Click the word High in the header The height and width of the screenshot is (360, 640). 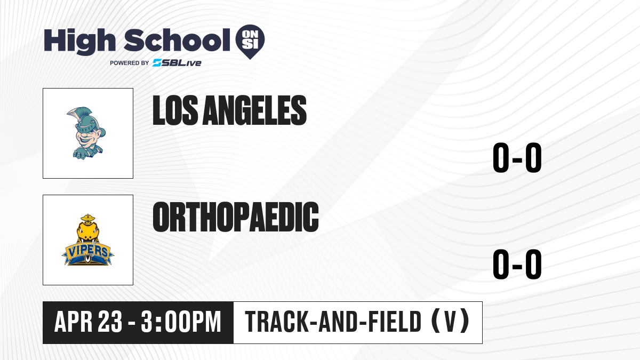[79, 41]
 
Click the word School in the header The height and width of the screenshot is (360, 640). [177, 40]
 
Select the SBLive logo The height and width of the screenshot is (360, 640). [177, 63]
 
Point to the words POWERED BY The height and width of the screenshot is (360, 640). [130, 63]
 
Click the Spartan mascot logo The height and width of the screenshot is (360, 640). [86, 133]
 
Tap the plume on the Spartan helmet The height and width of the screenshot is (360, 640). [78, 115]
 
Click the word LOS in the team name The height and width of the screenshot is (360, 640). [175, 110]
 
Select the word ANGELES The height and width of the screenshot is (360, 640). [254, 110]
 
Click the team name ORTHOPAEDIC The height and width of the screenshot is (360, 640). [236, 217]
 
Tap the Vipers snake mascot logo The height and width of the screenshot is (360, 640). [87, 239]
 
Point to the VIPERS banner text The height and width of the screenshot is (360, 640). [87, 251]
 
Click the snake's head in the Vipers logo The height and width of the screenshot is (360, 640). [87, 229]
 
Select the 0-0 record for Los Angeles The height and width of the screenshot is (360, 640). [517, 157]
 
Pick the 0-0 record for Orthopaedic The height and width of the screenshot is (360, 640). [517, 264]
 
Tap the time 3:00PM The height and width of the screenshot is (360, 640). [181, 322]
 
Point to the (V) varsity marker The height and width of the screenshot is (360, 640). [450, 322]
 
